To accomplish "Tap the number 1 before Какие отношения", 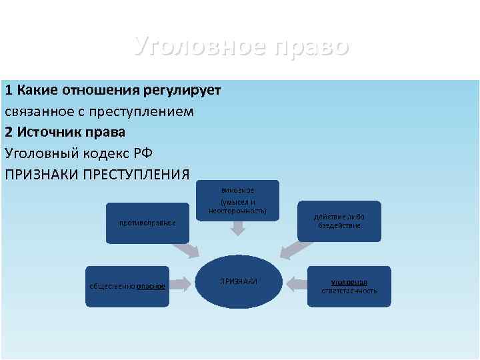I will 9,90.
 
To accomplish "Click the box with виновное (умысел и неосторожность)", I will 237,200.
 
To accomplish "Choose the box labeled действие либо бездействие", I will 339,221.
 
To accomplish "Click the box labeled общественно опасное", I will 127,286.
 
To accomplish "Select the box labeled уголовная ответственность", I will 349,286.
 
